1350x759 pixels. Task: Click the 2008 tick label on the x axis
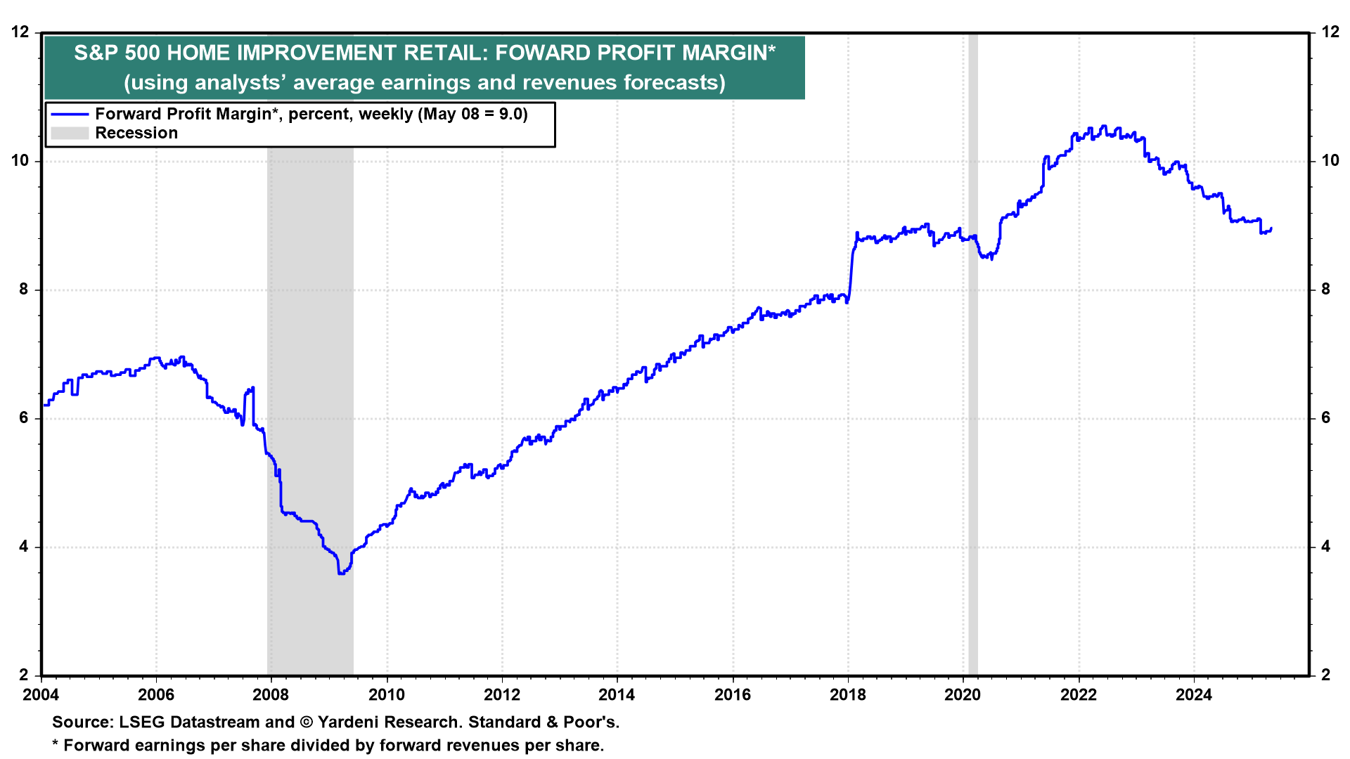[x=271, y=695]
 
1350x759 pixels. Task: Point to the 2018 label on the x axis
[x=848, y=695]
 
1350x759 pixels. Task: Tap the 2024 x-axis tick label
[x=1194, y=695]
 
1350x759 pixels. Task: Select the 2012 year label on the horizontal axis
[x=502, y=695]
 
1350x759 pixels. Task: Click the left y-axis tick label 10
[x=20, y=161]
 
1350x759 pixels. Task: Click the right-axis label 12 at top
[x=1330, y=32]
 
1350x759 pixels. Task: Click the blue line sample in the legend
[x=70, y=115]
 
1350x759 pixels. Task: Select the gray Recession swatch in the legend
[x=70, y=134]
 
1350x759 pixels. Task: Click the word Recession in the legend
[x=136, y=134]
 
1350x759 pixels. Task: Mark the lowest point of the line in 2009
[x=341, y=573]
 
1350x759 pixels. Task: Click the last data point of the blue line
[x=1271, y=228]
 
